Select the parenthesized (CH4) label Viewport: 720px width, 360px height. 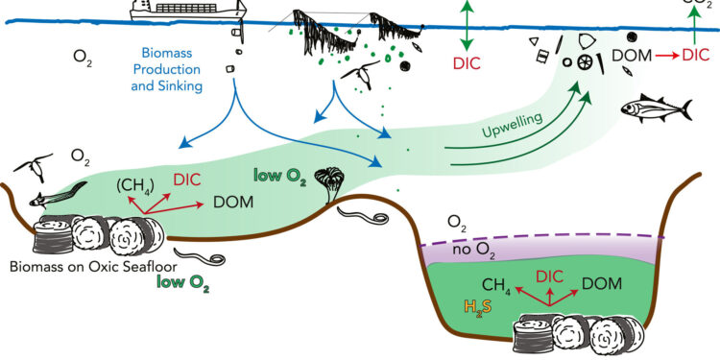(138, 184)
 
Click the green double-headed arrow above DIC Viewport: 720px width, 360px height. (466, 26)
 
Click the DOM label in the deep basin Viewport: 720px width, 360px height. (601, 283)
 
